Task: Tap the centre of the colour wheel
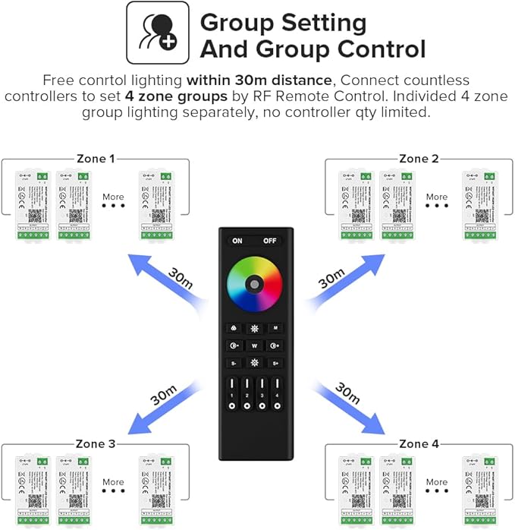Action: click(255, 284)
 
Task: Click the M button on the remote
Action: click(276, 328)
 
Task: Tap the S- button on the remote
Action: click(234, 363)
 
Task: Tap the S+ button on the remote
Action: click(276, 363)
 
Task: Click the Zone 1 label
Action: click(96, 159)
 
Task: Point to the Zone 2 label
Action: click(419, 159)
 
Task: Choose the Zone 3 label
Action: click(96, 443)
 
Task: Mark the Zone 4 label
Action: click(419, 443)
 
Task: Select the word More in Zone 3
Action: click(113, 481)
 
